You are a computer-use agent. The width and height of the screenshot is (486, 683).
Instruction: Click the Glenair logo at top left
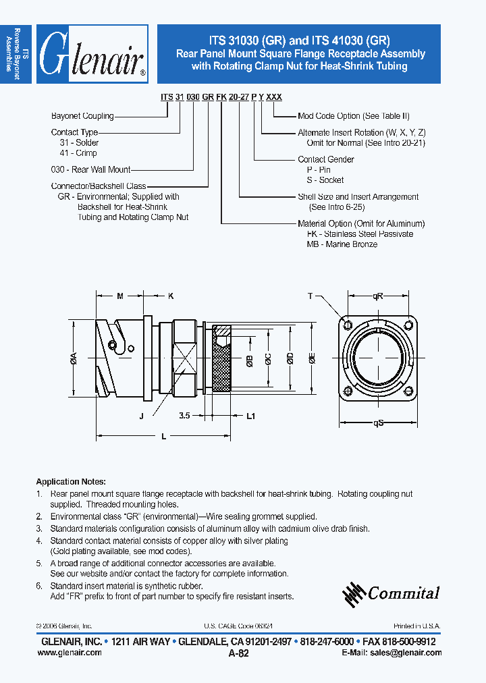coord(92,54)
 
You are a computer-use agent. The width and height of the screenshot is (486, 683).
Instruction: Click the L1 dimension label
coord(250,416)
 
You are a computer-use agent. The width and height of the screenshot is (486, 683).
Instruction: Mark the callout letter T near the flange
coord(310,296)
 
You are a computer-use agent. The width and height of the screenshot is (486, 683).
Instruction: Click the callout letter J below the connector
coord(142,416)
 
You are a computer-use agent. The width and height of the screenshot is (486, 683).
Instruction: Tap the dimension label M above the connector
coord(119,296)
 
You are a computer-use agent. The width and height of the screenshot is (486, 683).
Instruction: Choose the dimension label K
coord(171,296)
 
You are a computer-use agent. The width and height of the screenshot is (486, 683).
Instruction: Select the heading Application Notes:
coord(71,482)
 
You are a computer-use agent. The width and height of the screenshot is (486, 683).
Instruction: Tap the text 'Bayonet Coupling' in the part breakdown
coord(82,116)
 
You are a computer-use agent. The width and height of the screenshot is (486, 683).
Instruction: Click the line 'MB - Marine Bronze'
coord(342,244)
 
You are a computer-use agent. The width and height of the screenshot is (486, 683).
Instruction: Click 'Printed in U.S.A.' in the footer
coord(417,626)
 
